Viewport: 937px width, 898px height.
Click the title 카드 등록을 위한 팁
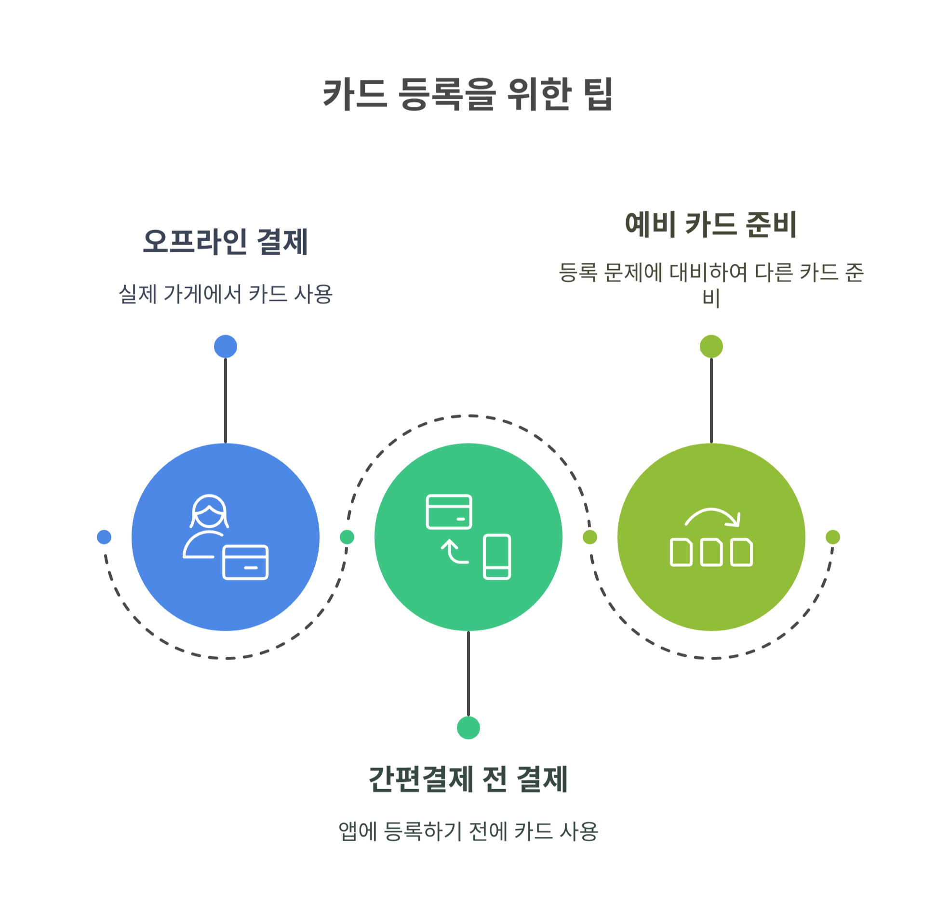click(x=468, y=94)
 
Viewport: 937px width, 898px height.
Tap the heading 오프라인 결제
click(x=225, y=242)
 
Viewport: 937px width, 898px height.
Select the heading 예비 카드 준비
click(x=710, y=224)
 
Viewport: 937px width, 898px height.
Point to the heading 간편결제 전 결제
click(x=468, y=779)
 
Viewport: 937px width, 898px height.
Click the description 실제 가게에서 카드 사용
click(x=225, y=294)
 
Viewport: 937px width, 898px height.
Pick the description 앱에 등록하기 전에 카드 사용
click(x=468, y=831)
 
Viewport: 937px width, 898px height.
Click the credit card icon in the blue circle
click(x=245, y=562)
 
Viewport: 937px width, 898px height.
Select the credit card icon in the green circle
click(x=449, y=511)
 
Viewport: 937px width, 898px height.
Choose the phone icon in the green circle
click(x=496, y=556)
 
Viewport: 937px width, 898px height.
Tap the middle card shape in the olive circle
click(x=711, y=552)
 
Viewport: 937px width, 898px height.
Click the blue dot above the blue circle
click(x=225, y=346)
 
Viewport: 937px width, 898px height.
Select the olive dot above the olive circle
click(x=711, y=346)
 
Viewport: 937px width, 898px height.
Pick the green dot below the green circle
click(x=468, y=728)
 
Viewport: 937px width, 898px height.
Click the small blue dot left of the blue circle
click(x=104, y=537)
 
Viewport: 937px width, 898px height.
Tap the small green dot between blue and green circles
click(x=347, y=537)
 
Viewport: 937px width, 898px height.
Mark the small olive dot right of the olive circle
click(x=832, y=537)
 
